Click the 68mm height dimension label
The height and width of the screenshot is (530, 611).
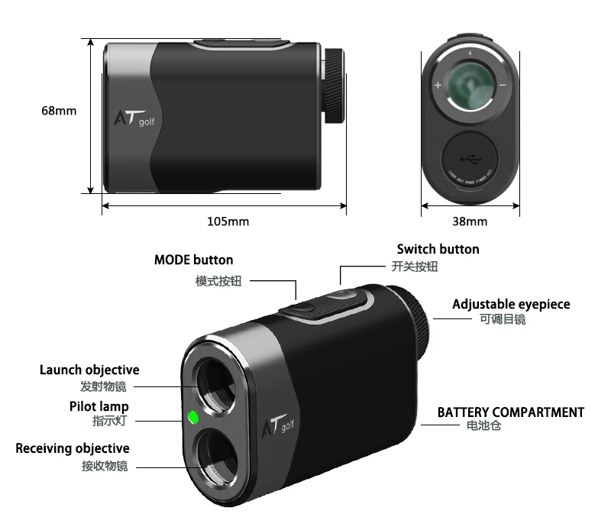(59, 111)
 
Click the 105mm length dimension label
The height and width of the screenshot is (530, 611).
(228, 221)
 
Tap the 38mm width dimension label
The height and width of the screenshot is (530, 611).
(470, 221)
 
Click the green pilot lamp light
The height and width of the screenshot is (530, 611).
(192, 417)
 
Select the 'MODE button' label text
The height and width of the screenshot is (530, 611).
(193, 260)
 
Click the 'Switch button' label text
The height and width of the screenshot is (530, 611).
(438, 249)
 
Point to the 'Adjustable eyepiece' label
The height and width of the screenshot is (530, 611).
(511, 304)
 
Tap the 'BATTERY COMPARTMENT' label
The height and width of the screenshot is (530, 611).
(510, 412)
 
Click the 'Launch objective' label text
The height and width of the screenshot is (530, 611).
(89, 370)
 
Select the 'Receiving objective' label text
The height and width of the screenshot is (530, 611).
(73, 448)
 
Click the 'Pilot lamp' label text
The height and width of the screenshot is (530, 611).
(99, 406)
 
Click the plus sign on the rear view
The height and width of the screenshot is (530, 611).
(438, 86)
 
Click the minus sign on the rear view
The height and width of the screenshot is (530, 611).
(503, 86)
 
